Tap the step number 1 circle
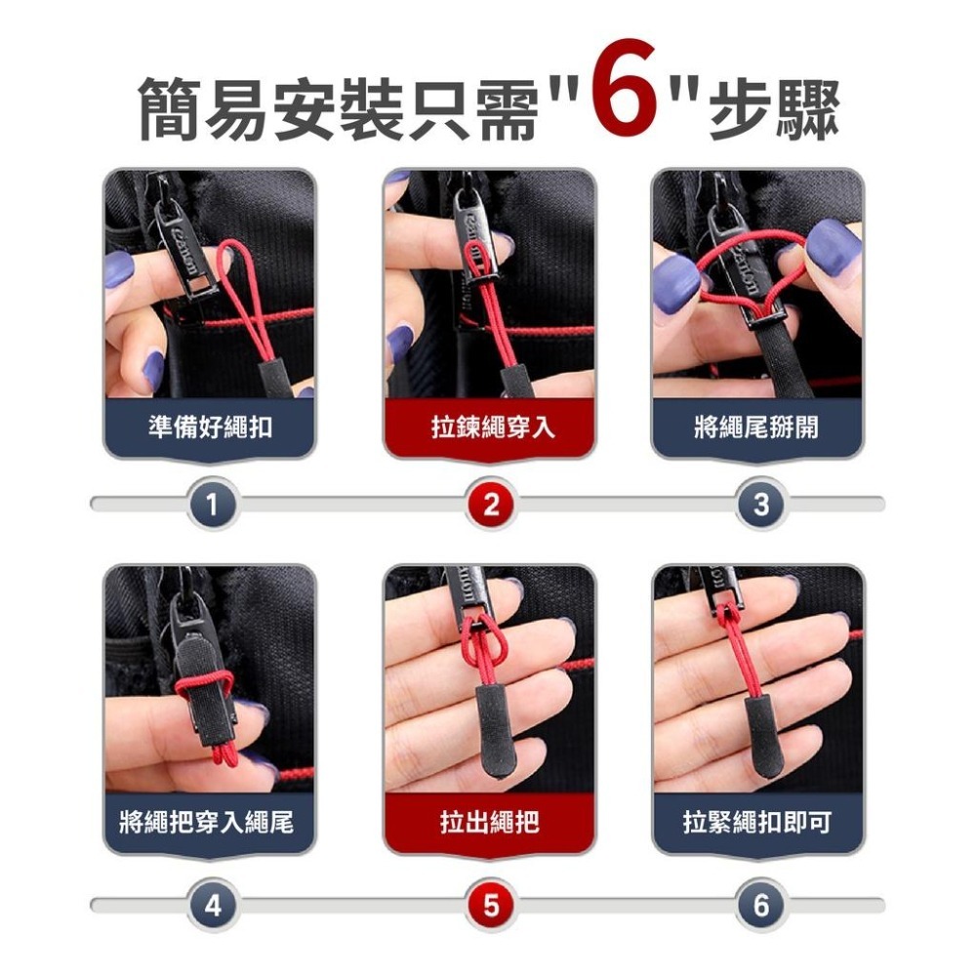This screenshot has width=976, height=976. [213, 505]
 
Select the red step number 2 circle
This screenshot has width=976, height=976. [491, 505]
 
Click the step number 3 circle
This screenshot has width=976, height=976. [761, 505]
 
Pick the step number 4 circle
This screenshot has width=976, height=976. [213, 906]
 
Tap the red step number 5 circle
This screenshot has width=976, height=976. [491, 906]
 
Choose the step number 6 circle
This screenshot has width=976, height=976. [761, 906]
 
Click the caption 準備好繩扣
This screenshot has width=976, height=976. [210, 427]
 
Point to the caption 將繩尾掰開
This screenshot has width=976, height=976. [757, 427]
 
